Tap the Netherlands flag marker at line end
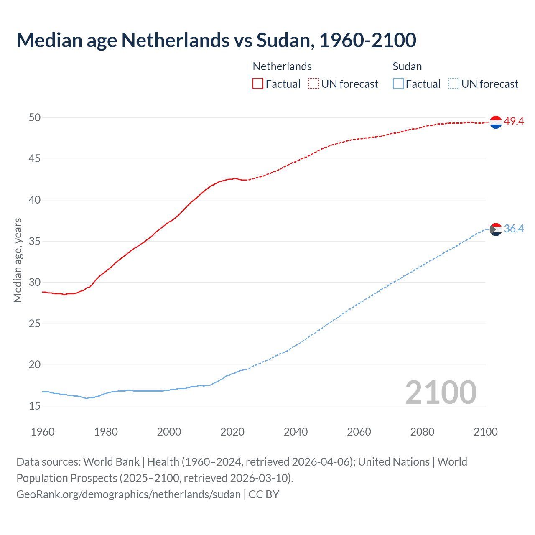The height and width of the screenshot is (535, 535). (x=496, y=122)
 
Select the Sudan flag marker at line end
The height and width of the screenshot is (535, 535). (x=496, y=229)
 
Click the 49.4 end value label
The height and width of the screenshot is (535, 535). (x=514, y=122)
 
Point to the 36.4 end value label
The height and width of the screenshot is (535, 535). (x=514, y=229)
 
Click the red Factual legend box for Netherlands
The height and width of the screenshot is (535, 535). (x=258, y=84)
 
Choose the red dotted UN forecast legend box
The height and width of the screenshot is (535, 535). (x=313, y=84)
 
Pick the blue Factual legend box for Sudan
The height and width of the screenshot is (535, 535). (x=398, y=84)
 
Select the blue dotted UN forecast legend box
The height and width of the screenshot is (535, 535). (x=454, y=84)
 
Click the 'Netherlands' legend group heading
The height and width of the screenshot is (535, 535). (x=282, y=66)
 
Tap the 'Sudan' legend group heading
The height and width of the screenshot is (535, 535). (x=407, y=66)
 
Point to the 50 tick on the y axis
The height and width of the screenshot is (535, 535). (x=35, y=118)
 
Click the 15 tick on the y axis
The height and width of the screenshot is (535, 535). (x=35, y=406)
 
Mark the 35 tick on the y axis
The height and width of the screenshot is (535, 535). (x=35, y=242)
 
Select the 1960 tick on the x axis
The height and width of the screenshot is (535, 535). (x=43, y=432)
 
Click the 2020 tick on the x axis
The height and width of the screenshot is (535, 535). (x=232, y=432)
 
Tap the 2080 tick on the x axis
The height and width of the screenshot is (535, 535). (x=422, y=432)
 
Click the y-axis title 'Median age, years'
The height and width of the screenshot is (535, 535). (x=18, y=260)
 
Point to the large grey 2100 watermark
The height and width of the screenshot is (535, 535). (x=441, y=392)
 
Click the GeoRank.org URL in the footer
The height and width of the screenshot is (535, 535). (x=128, y=494)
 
